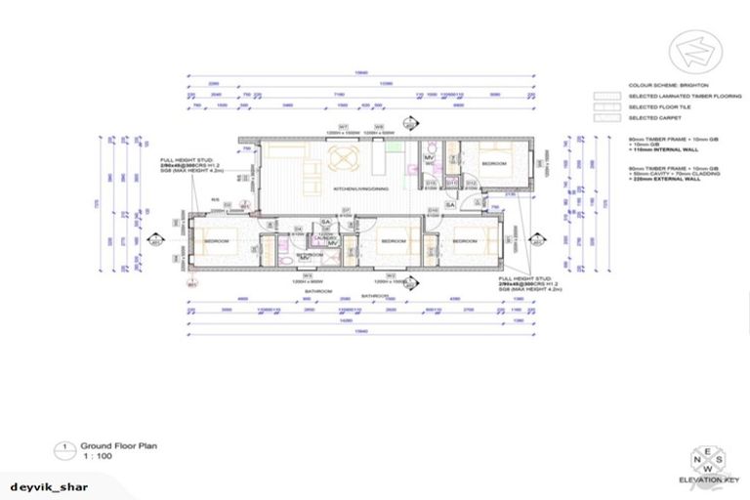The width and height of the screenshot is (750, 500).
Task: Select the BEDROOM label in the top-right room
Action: (494, 164)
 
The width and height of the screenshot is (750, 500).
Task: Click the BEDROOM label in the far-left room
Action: (216, 240)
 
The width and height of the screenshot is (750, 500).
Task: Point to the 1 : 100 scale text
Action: (96, 455)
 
